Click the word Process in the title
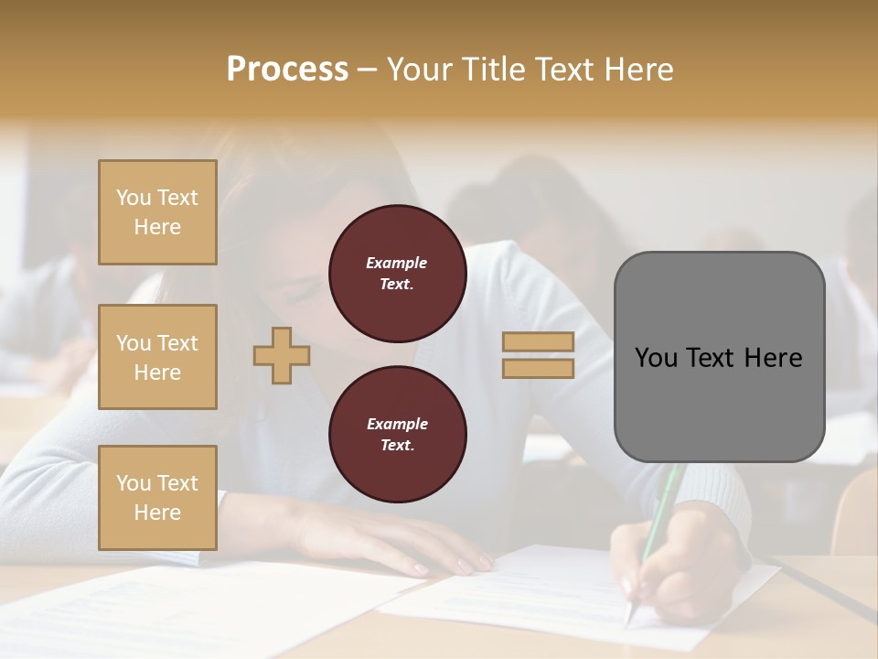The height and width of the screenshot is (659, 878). [x=287, y=70]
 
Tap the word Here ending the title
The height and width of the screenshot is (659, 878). [x=636, y=70]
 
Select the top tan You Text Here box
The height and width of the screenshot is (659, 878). [x=157, y=212]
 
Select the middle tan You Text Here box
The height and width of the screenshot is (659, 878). [x=157, y=357]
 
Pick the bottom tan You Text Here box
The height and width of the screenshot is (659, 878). [x=157, y=498]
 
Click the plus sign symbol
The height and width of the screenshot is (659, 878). [x=282, y=355]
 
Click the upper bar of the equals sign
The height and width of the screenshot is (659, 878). [x=538, y=341]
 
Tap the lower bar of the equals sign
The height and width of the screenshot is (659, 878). [x=538, y=368]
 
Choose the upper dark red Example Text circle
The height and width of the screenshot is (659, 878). [x=397, y=274]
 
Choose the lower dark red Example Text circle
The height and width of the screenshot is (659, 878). [x=397, y=434]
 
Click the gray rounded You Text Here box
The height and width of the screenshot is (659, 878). [x=719, y=357]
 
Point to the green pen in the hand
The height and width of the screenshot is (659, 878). [x=660, y=513]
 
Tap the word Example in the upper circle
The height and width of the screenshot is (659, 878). [x=397, y=263]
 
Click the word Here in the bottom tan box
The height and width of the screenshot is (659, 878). [x=157, y=513]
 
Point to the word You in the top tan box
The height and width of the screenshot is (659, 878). [x=134, y=198]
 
